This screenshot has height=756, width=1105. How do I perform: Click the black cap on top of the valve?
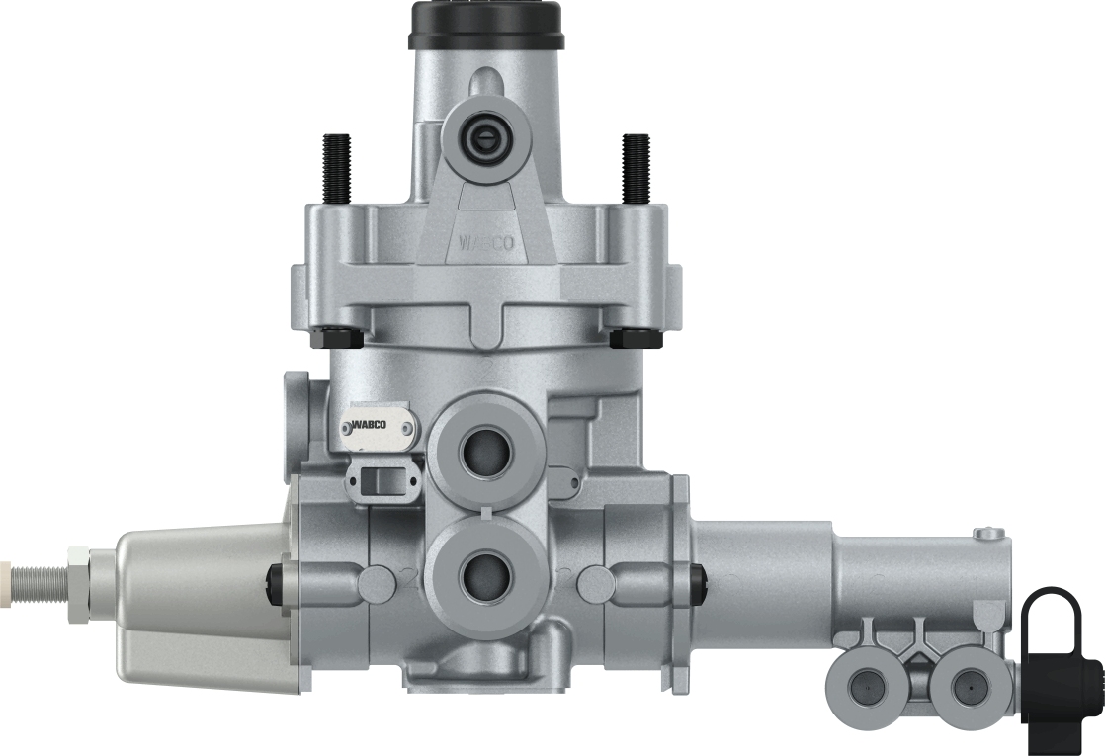(x=485, y=24)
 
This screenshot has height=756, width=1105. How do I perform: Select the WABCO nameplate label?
(x=379, y=427)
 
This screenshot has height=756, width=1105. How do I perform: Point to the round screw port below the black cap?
(x=485, y=135)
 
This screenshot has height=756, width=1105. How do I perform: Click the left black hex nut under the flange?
(x=336, y=338)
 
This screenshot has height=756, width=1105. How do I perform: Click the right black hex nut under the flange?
(x=636, y=338)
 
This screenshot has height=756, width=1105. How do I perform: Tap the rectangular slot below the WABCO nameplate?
(x=379, y=481)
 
